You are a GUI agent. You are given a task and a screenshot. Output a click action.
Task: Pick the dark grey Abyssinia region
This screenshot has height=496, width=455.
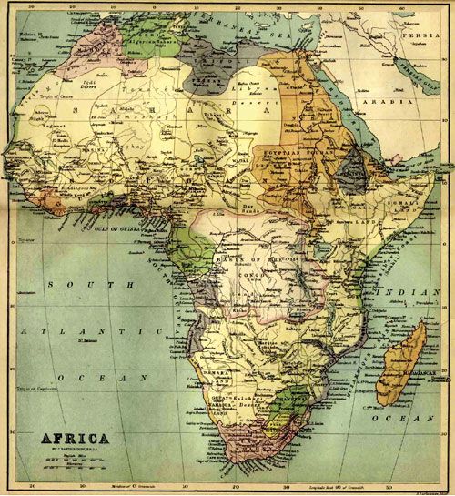(x=351, y=167)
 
